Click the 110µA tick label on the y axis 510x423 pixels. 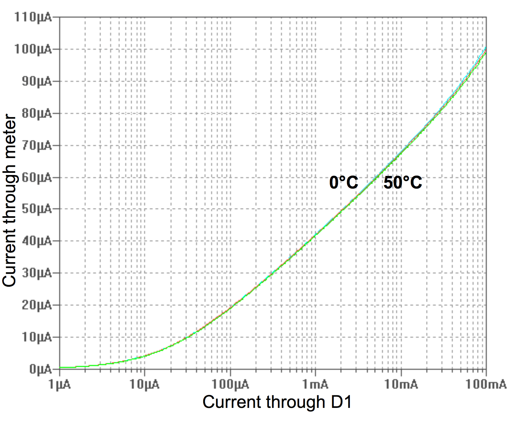[33, 17]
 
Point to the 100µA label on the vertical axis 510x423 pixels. [33, 49]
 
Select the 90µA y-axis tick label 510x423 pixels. [36, 82]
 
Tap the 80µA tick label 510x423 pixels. [36, 113]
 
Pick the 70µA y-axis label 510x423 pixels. [36, 146]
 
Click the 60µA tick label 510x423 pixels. [36, 178]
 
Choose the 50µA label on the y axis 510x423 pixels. [36, 209]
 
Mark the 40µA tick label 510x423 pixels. [36, 241]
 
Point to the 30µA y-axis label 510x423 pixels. [36, 273]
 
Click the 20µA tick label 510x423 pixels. [36, 305]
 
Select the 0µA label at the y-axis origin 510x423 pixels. [40, 369]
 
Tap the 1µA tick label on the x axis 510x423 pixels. [59, 385]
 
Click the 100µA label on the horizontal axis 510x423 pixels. [230, 385]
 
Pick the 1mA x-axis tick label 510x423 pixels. [315, 385]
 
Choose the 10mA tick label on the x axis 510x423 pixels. [401, 385]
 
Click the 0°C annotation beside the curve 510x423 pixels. [344, 183]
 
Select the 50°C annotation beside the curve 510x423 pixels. [403, 183]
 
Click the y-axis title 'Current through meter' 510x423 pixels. [9, 201]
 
